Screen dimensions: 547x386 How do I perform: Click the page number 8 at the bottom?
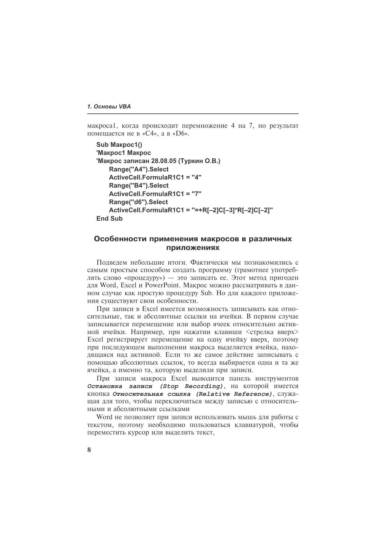(x=89, y=450)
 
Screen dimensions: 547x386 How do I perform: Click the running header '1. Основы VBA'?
(x=109, y=107)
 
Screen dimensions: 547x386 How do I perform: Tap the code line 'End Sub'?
(x=110, y=218)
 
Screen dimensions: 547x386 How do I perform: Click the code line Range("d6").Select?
(x=138, y=202)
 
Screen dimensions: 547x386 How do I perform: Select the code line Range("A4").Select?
(x=139, y=169)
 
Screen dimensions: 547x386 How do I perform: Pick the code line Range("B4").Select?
(x=139, y=185)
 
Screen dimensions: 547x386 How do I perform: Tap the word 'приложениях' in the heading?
(x=193, y=248)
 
